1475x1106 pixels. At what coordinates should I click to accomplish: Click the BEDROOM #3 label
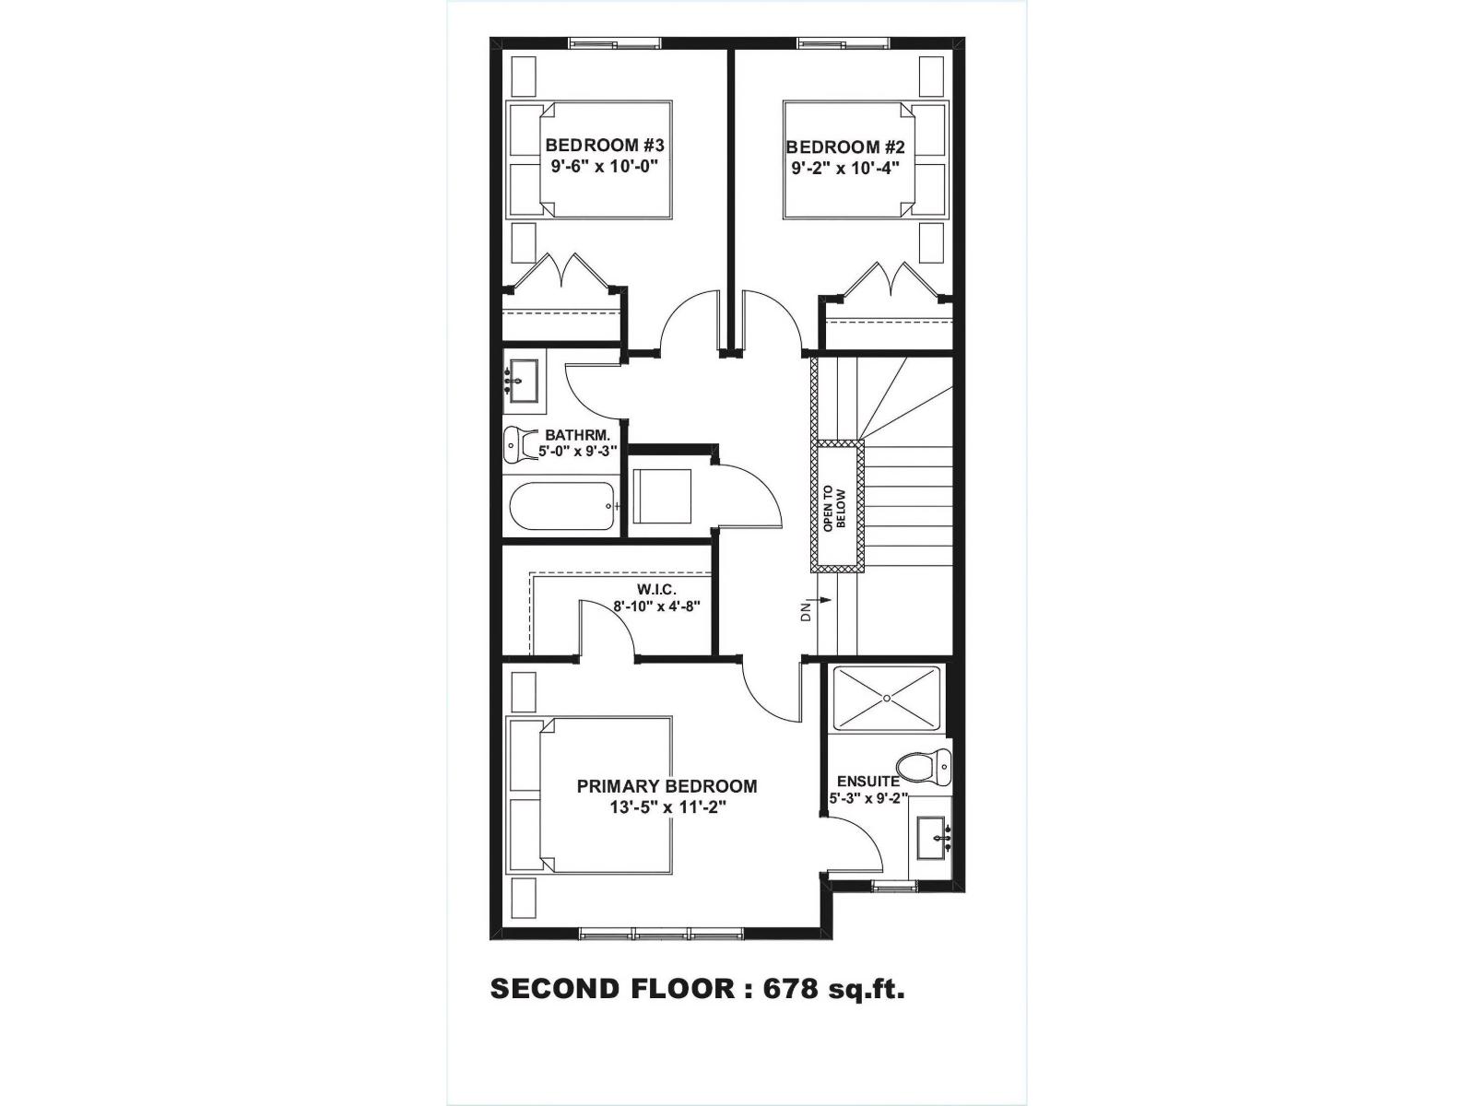[604, 146]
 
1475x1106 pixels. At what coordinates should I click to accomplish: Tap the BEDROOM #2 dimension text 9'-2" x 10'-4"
[844, 169]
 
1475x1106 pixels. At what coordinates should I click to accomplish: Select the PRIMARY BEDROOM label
[667, 786]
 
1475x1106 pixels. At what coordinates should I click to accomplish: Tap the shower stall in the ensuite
[886, 699]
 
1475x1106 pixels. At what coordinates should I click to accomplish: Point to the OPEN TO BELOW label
[834, 508]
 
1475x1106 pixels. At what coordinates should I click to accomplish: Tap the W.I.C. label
[655, 588]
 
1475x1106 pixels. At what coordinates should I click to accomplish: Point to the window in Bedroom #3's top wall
[614, 42]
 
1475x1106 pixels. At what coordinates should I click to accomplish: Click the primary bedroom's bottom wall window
[661, 934]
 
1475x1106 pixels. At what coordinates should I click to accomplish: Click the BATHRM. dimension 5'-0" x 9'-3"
[577, 452]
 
